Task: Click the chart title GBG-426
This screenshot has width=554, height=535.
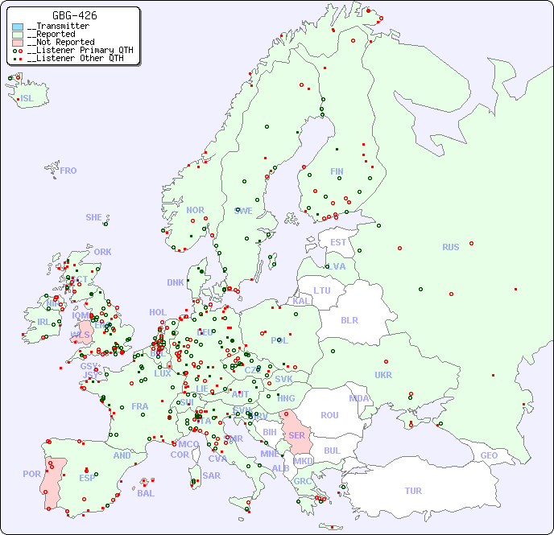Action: (x=75, y=15)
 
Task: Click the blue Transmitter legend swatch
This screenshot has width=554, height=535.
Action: (x=18, y=27)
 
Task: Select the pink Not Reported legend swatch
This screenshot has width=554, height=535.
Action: (x=18, y=42)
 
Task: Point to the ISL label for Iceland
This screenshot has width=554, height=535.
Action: (x=27, y=99)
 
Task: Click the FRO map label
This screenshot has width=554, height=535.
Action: (x=68, y=171)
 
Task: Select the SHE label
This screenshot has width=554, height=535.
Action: (x=94, y=217)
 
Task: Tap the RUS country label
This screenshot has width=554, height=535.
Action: (x=450, y=247)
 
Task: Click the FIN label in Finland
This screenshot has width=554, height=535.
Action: (x=337, y=171)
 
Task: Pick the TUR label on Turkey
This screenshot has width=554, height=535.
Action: (x=413, y=491)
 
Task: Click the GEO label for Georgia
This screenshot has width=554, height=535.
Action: (x=489, y=455)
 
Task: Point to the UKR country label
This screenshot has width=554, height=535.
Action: (x=383, y=375)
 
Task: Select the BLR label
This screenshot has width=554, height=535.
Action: (x=349, y=319)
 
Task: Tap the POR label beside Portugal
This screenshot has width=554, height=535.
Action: (x=31, y=474)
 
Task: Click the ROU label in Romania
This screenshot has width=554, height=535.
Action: (x=329, y=415)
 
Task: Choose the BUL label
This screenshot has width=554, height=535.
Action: (x=332, y=451)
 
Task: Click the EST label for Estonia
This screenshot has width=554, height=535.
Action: (x=338, y=242)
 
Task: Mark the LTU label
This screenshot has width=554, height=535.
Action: (x=322, y=290)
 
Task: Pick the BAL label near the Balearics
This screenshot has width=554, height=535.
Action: (x=146, y=493)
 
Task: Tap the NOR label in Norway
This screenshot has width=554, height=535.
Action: (x=195, y=210)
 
